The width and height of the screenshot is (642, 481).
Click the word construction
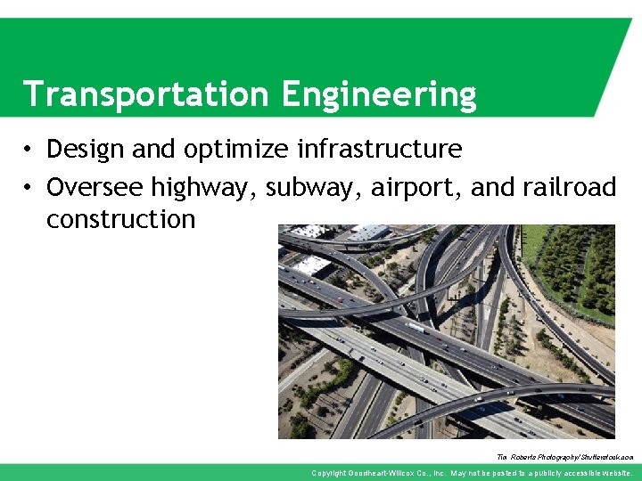pos(120,219)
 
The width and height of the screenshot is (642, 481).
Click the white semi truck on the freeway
pos(415,327)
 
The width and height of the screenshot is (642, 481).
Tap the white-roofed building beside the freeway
pos(311,265)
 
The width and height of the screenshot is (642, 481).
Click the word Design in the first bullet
pos(86,149)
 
